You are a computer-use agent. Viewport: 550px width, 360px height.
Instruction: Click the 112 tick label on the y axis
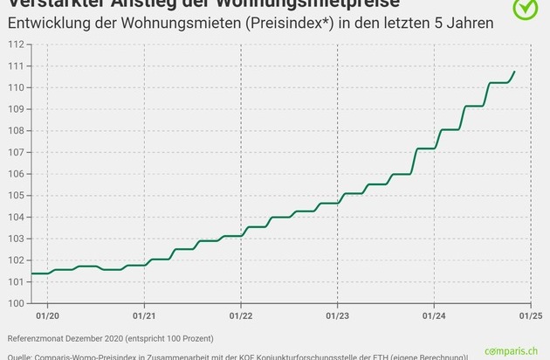17,45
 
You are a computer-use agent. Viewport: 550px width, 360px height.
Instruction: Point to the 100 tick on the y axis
17,303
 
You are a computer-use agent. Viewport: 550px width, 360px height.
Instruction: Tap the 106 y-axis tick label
17,174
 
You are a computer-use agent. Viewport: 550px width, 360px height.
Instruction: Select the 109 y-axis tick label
17,109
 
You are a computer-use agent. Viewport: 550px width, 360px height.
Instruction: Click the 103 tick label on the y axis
17,239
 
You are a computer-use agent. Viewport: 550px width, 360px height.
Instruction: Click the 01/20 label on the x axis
47,315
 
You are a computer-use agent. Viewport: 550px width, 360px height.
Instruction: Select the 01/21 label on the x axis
144,315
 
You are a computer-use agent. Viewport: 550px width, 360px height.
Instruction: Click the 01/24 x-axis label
434,315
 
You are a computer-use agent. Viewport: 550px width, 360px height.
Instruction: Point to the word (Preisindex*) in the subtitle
286,22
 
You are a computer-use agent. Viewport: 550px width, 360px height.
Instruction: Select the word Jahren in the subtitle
468,22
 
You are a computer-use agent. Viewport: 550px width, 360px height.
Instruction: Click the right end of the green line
515,72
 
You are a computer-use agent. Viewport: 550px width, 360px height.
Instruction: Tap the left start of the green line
32,273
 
